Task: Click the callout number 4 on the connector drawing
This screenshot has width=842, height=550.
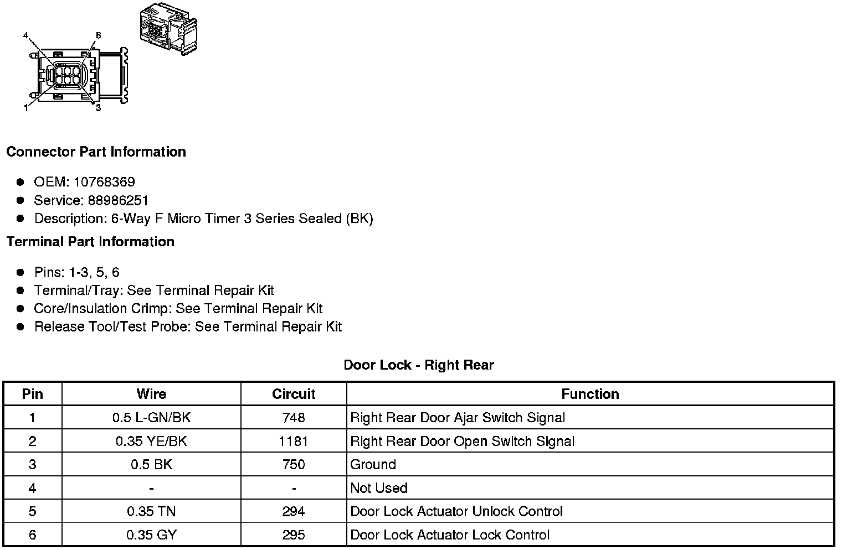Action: (x=25, y=35)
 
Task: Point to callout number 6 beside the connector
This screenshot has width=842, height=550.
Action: (x=98, y=35)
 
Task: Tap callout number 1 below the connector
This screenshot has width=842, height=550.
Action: (x=25, y=108)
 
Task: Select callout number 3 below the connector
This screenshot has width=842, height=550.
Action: (x=98, y=108)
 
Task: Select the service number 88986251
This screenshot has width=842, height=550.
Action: (x=118, y=200)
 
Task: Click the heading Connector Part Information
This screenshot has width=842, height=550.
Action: (x=96, y=152)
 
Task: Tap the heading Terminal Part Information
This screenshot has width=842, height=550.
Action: (x=90, y=242)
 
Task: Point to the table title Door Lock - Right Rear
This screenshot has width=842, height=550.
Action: (x=419, y=365)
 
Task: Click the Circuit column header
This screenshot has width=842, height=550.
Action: (x=294, y=394)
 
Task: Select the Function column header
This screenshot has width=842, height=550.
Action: (x=590, y=394)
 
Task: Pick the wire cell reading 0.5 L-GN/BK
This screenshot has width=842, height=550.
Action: (x=151, y=418)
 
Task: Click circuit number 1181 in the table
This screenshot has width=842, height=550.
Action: (x=294, y=442)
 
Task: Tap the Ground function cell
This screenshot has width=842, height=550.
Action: (x=373, y=465)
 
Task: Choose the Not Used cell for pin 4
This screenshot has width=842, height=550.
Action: (x=379, y=488)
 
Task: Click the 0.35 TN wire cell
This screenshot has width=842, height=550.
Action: (x=151, y=512)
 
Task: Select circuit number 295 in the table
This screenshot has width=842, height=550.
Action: (x=294, y=535)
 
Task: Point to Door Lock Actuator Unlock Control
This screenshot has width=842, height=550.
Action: (x=456, y=512)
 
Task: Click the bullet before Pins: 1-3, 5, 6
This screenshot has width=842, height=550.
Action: (x=20, y=272)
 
